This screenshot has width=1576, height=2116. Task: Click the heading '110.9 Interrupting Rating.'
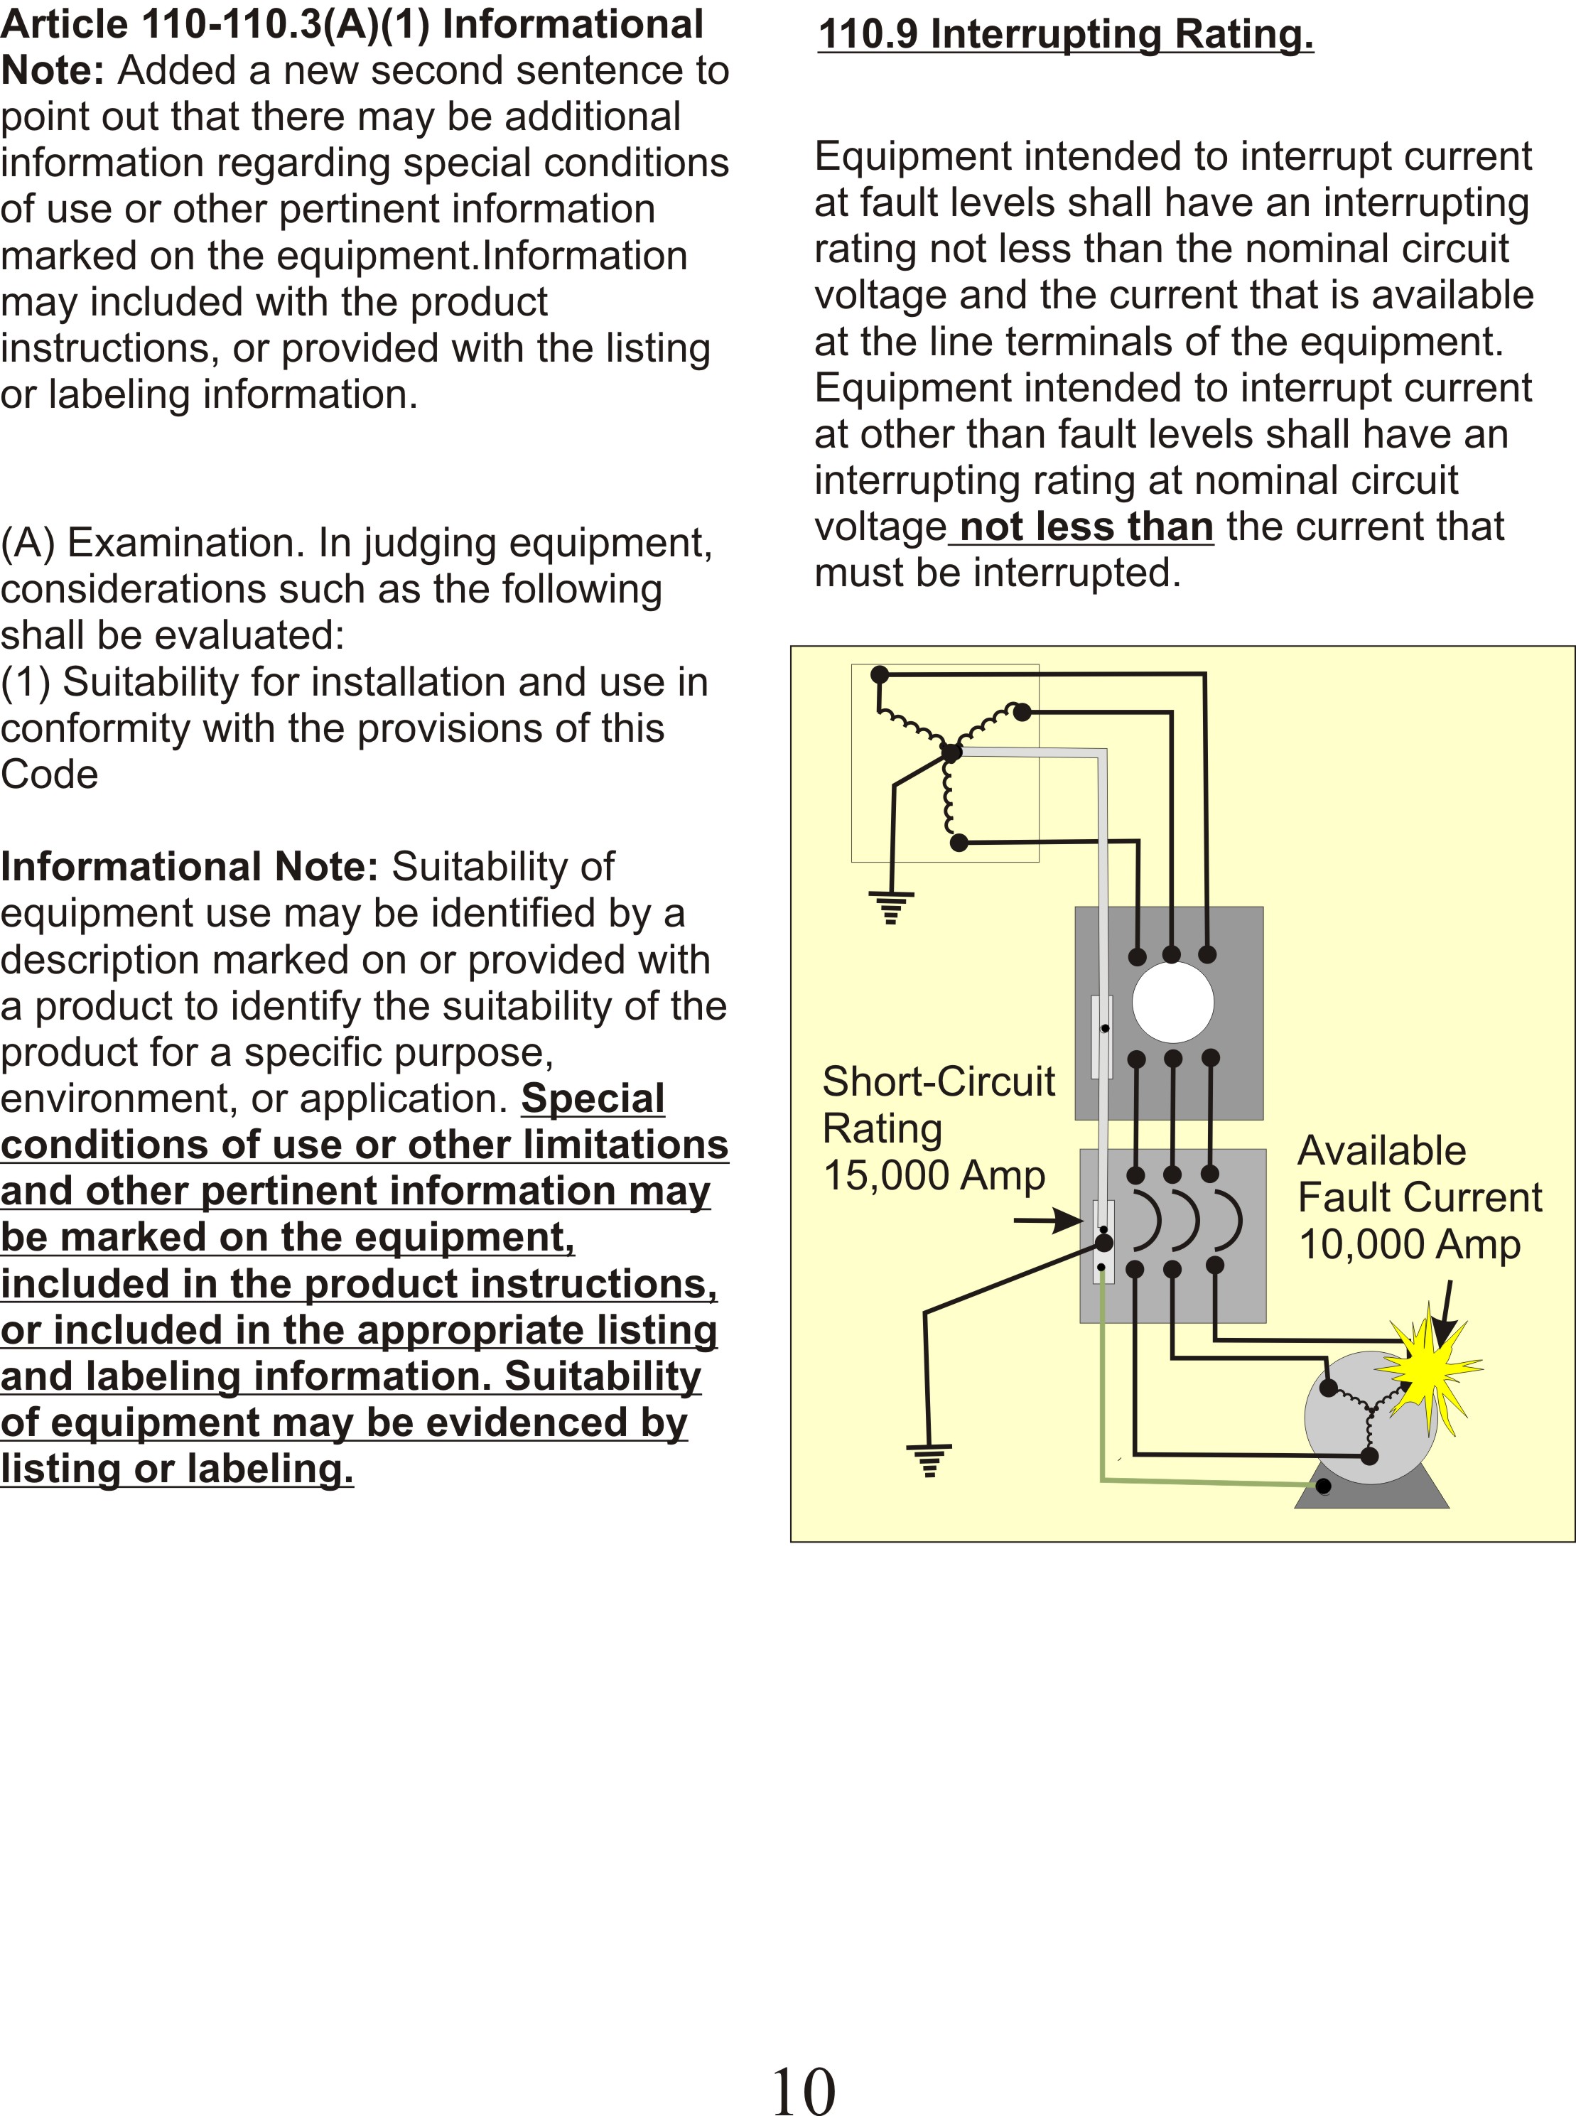pos(1066,34)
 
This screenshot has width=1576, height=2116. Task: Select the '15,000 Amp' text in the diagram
pos(933,1175)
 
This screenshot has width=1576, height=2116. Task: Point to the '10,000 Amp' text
pos(1409,1244)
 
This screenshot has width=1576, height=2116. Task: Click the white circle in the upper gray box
pos(1172,1003)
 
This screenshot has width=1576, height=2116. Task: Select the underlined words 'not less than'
pos(1086,527)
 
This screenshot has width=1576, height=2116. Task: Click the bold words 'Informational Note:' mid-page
pos(190,866)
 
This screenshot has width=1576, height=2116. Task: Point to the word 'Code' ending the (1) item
pos(50,774)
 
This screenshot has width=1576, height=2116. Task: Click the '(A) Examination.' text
pos(153,543)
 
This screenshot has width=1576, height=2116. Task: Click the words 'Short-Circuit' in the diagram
pos(939,1082)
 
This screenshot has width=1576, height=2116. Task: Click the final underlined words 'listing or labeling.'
pos(176,1468)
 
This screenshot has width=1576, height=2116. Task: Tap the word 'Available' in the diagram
pos(1382,1150)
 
